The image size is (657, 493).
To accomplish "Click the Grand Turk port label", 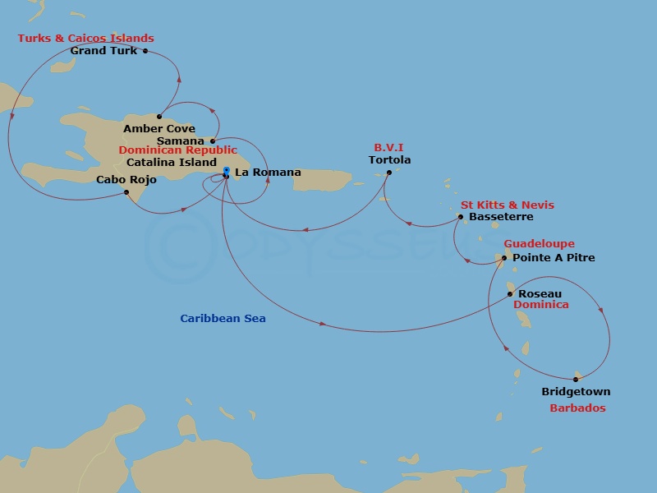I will [x=103, y=51].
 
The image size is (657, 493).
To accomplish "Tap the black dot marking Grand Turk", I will [x=145, y=51].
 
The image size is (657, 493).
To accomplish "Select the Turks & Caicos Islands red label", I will [x=85, y=39].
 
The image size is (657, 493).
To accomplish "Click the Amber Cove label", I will [x=159, y=129].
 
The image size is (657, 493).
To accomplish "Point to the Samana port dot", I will [x=213, y=141].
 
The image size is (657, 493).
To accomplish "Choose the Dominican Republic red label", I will [x=177, y=151].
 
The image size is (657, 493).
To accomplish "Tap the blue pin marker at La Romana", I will [x=226, y=171].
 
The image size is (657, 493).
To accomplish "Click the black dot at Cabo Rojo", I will [x=126, y=192].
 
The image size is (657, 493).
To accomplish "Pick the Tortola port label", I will [x=389, y=160].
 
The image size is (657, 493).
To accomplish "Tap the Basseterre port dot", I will [x=461, y=217].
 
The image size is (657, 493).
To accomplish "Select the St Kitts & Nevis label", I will [x=507, y=205].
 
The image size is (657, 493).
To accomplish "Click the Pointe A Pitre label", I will [x=554, y=258].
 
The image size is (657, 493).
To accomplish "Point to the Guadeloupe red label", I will [x=539, y=244].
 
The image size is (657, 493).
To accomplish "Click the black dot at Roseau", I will [x=510, y=293].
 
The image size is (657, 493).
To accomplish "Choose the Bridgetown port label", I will [x=576, y=392].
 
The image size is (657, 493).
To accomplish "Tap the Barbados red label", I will [x=577, y=408].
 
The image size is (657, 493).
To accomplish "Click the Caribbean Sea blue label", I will [x=223, y=319].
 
